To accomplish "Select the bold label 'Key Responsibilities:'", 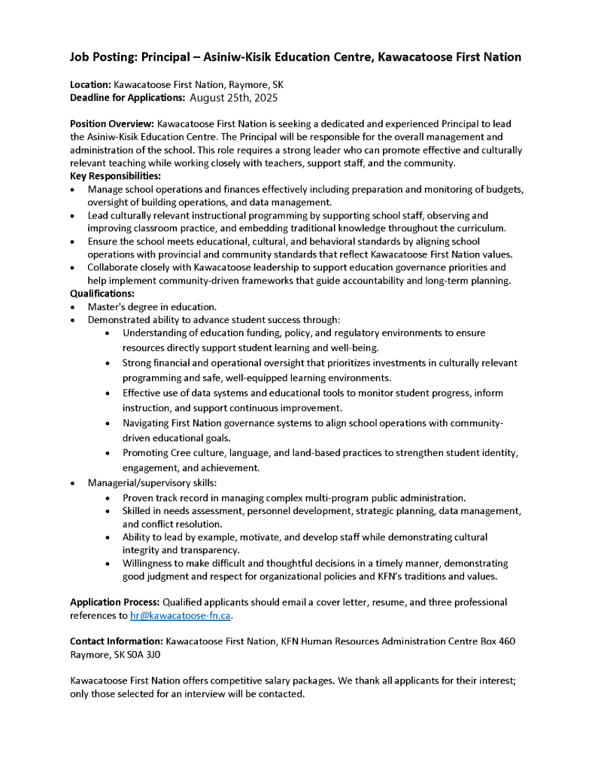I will [x=110, y=175].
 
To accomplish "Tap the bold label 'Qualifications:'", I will [x=102, y=294].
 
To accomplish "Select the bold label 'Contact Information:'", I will [x=117, y=641].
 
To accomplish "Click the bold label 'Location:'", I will [x=90, y=85].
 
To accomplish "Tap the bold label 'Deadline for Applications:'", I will [x=127, y=98].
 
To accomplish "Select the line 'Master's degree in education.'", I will [x=152, y=306].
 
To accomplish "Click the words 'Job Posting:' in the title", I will [x=105, y=57].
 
